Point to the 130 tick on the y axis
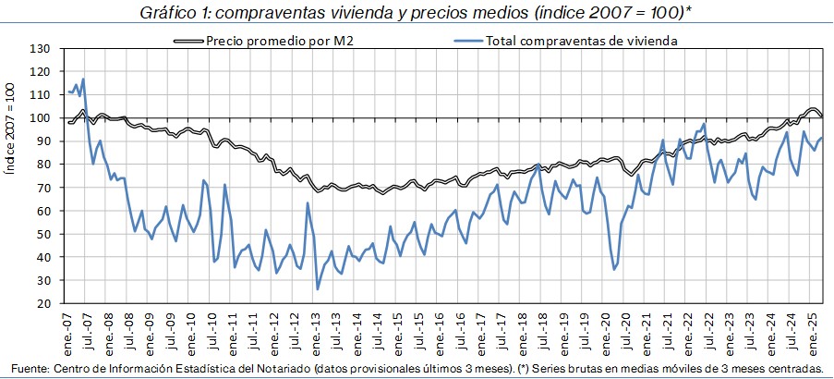point(39,48)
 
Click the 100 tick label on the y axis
point(39,118)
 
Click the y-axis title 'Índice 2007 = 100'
point(11,176)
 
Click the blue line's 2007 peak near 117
point(83,79)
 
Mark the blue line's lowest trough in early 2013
point(318,289)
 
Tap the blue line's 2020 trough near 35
point(614,269)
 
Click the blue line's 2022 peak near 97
point(704,124)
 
